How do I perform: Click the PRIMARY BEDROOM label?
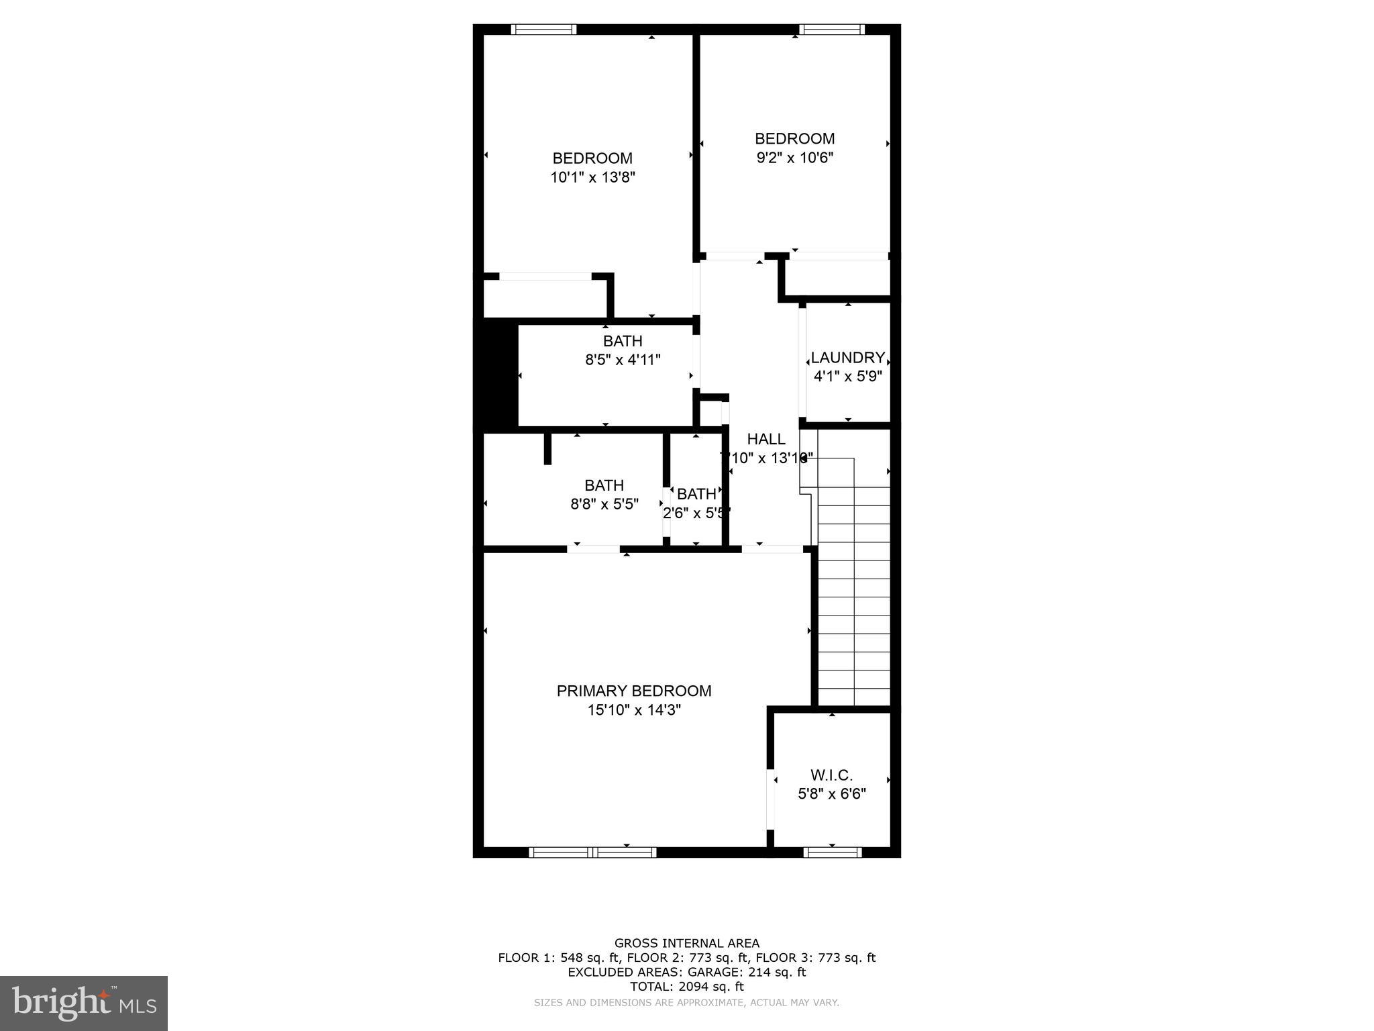tap(633, 691)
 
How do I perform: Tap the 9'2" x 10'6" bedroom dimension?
tap(794, 158)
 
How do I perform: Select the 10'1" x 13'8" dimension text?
tap(592, 177)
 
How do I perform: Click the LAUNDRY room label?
tap(847, 358)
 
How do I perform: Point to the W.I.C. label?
tap(831, 775)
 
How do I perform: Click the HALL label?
tap(765, 439)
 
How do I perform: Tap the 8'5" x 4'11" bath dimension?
tap(623, 360)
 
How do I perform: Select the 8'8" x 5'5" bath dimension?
tap(604, 504)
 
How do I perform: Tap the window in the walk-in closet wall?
tap(832, 852)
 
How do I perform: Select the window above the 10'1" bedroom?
tap(543, 29)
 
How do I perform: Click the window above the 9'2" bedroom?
tap(832, 29)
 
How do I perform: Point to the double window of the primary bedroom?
tap(592, 852)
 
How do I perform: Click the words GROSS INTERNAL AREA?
tap(686, 943)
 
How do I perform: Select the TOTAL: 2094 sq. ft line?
tap(686, 987)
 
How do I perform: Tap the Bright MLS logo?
tap(84, 1003)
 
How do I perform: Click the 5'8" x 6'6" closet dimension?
tap(831, 794)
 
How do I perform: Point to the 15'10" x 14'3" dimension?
tap(633, 710)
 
